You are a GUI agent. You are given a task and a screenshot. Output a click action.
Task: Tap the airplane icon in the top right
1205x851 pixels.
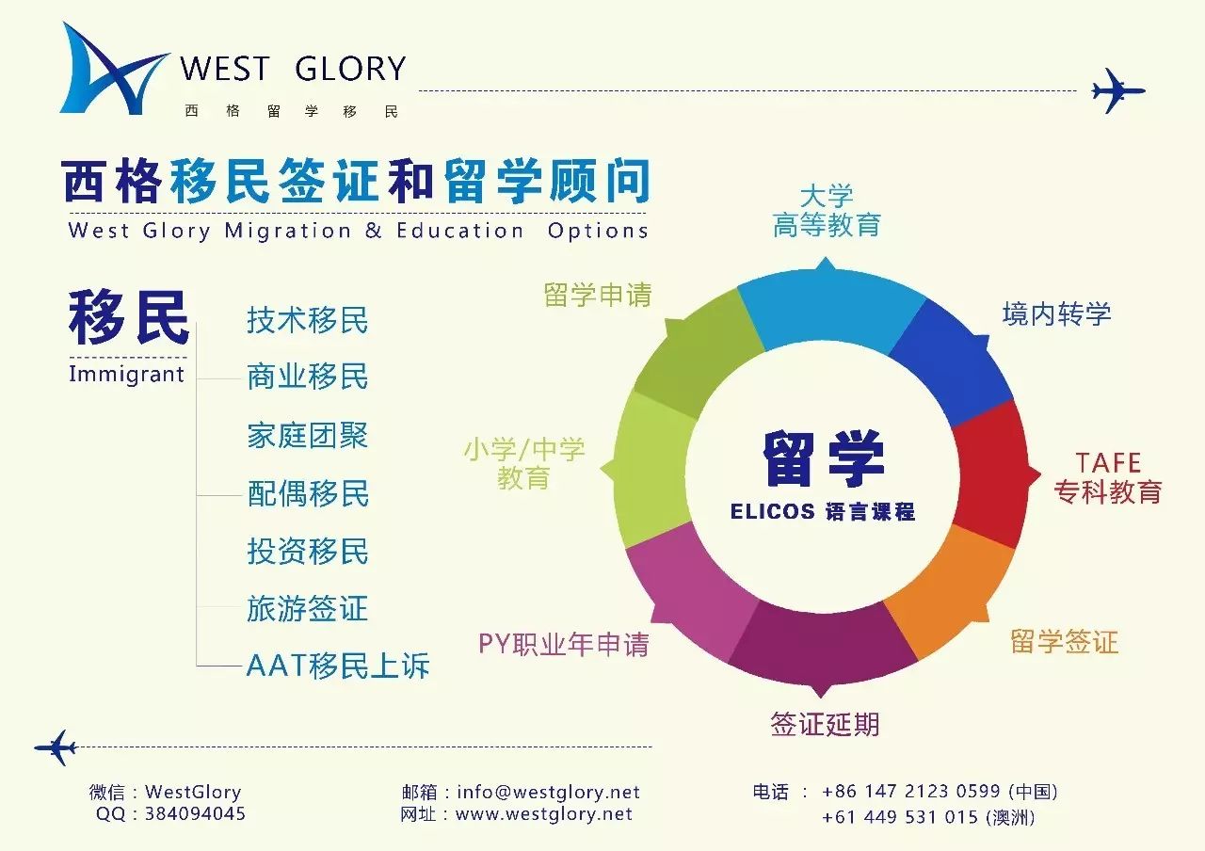(1117, 91)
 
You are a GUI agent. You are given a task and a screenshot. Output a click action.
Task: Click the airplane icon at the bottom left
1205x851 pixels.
(55, 747)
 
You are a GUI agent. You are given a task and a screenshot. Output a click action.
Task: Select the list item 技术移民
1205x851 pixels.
(307, 320)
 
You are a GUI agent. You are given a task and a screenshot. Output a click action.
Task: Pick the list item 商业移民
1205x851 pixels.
(307, 377)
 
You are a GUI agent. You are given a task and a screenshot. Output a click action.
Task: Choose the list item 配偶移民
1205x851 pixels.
(308, 493)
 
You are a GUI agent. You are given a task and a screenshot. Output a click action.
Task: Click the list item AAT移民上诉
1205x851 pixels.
(337, 666)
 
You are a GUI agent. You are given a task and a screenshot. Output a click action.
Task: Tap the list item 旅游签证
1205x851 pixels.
(307, 608)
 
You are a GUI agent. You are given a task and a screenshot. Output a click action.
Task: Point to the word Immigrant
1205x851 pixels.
(126, 374)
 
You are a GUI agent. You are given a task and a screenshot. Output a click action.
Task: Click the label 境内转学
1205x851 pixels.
(1056, 313)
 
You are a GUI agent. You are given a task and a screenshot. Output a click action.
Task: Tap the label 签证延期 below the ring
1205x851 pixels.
(825, 724)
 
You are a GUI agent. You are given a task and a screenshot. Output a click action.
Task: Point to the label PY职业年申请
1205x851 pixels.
(563, 644)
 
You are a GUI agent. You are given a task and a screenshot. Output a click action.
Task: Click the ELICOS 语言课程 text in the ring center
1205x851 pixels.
(823, 512)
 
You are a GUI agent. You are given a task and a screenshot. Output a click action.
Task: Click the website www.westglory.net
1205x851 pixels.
(543, 815)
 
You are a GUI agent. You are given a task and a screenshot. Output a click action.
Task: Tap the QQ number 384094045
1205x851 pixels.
(195, 814)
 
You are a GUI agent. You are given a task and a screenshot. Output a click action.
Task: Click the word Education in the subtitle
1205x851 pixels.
(459, 231)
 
